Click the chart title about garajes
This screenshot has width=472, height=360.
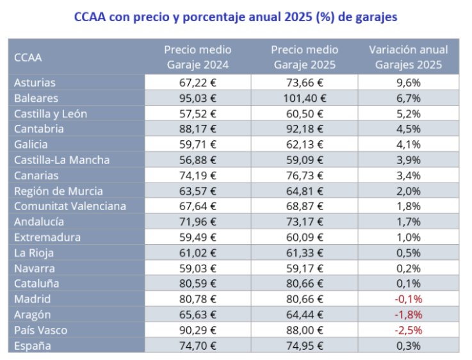coord(235,17)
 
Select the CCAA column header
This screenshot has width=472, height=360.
coord(28,57)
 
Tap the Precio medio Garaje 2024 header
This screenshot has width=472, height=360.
coord(197,57)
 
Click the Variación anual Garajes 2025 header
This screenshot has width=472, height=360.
coord(408,57)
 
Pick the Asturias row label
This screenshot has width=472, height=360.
coord(35,83)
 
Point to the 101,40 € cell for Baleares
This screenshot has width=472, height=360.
coord(304,98)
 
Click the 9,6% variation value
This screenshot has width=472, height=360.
coord(408,83)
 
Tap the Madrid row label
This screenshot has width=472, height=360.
coord(32,299)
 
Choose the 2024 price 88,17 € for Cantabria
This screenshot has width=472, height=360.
coord(197,129)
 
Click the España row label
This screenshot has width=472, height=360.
coord(32,345)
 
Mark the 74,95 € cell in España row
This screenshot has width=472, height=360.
coord(304,345)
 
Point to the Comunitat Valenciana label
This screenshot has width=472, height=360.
coord(70,206)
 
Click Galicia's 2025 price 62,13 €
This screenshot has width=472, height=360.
coord(304,144)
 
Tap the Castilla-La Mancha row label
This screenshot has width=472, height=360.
coord(61,160)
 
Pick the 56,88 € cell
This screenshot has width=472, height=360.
coord(197,160)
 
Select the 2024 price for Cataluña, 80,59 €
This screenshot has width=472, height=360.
coord(197,284)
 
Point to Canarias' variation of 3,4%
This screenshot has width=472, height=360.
coord(408,175)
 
